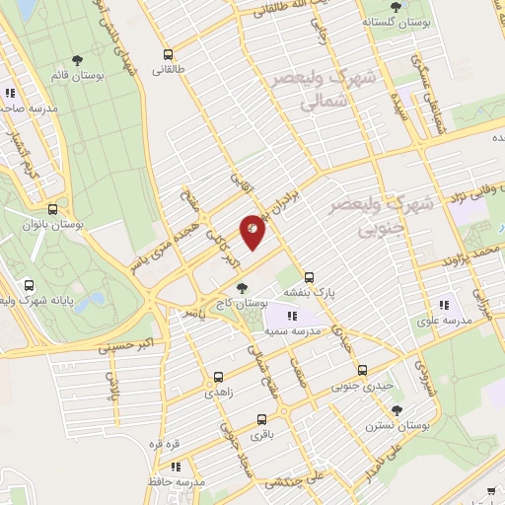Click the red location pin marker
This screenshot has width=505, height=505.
coord(253,229)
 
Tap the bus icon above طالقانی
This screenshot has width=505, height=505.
coord(169,54)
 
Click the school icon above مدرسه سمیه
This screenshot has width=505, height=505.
coord(292,317)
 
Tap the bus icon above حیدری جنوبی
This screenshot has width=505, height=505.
coord(362,371)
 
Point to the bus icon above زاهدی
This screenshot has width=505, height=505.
coord(219,375)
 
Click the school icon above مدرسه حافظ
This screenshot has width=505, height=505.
coord(176,467)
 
